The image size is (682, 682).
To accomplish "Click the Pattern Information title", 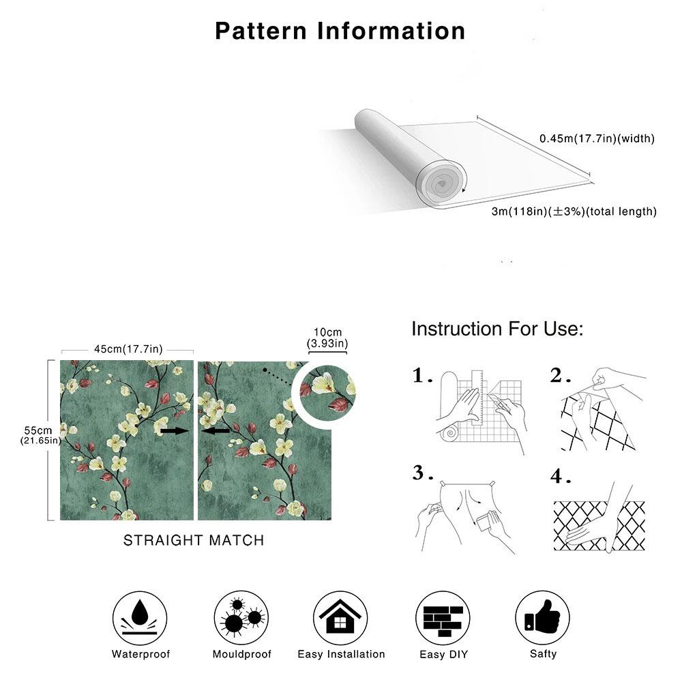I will point(340,31).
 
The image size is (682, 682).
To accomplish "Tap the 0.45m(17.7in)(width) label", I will point(597,138).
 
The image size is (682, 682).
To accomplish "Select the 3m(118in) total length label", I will point(574,211).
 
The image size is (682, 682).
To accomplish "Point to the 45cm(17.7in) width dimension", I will point(128,350).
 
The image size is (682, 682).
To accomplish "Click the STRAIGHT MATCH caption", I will point(193,540).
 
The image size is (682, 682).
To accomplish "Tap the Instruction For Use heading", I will point(497,329).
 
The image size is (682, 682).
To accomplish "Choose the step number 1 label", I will point(422,376).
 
